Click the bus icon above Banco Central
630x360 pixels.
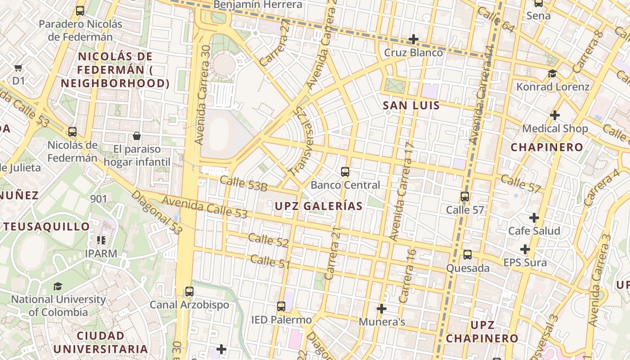click(345, 172)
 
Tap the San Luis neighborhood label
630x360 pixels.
click(411, 106)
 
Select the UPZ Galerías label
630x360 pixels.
click(318, 206)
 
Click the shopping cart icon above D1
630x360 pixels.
click(18, 68)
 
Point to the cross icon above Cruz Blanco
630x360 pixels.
click(413, 40)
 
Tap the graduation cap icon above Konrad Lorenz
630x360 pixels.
click(552, 74)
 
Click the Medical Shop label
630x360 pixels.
click(555, 129)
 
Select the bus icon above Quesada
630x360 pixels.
click(468, 255)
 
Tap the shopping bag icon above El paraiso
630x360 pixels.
click(137, 136)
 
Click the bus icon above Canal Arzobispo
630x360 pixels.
click(189, 291)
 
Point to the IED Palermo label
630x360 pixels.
click(281, 320)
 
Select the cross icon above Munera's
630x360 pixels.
click(382, 309)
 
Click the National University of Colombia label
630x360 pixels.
click(58, 306)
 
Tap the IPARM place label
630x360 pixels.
click(101, 253)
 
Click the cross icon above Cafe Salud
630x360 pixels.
click(534, 218)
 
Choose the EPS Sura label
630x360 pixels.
click(525, 262)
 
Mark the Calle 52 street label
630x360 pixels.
click(268, 240)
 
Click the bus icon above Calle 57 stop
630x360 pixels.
click(465, 197)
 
